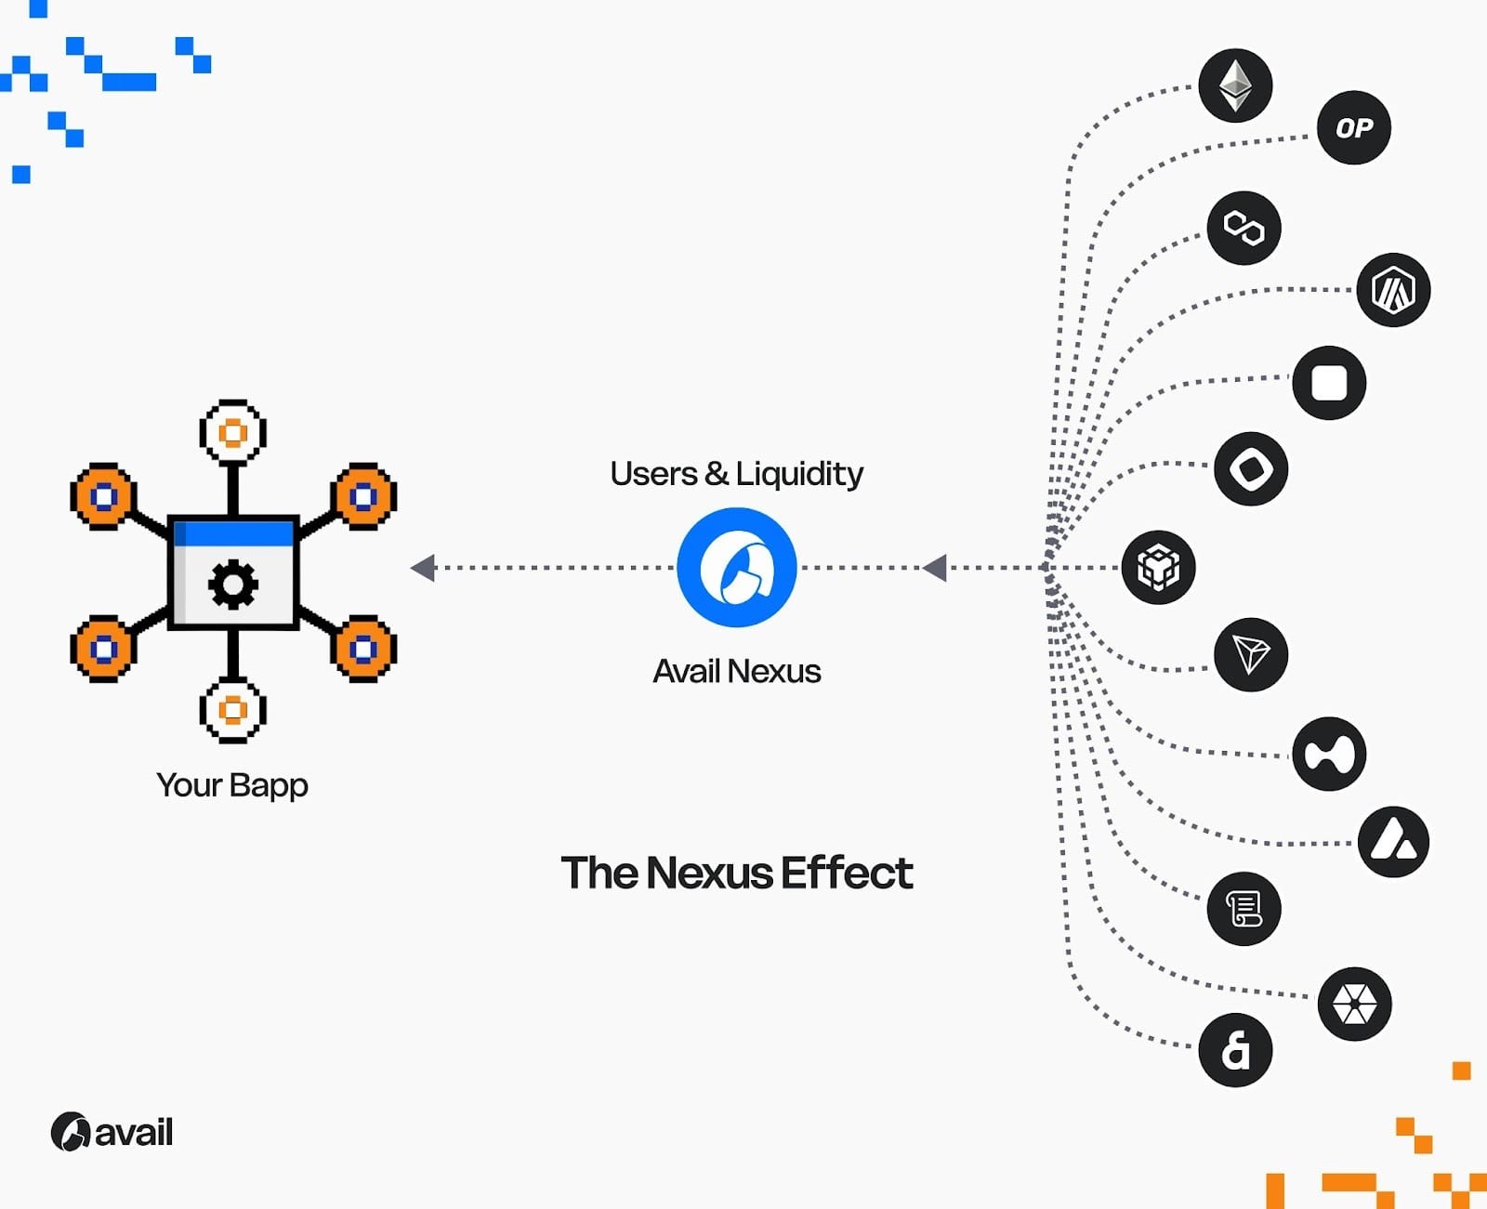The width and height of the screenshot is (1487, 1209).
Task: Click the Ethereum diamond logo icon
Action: pyautogui.click(x=1235, y=85)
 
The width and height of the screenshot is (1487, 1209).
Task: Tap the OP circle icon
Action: pyautogui.click(x=1354, y=128)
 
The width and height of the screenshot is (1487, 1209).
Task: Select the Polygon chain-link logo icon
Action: pyautogui.click(x=1244, y=228)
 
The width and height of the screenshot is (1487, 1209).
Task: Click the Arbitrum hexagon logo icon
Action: pyautogui.click(x=1393, y=290)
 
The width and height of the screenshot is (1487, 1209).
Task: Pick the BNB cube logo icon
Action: pyautogui.click(x=1158, y=567)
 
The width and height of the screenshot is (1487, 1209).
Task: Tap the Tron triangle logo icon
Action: pyautogui.click(x=1251, y=654)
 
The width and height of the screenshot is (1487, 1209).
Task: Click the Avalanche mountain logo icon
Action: pyautogui.click(x=1393, y=842)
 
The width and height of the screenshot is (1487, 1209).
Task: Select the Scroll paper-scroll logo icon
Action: pyautogui.click(x=1244, y=909)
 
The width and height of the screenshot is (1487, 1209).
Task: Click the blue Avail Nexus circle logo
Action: pyautogui.click(x=737, y=567)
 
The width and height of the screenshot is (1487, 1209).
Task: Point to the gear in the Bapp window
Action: pyautogui.click(x=232, y=585)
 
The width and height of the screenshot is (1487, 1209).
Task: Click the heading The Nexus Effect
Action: pyautogui.click(x=737, y=874)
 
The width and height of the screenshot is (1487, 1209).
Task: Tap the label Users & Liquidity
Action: pyautogui.click(x=737, y=474)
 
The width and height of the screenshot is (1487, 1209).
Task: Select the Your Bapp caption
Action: pyautogui.click(x=232, y=786)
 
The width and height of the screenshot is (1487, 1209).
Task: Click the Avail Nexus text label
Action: pyautogui.click(x=737, y=671)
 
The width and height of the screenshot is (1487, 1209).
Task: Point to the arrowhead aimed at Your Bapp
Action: pyautogui.click(x=424, y=567)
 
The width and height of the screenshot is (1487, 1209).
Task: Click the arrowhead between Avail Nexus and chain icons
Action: pyautogui.click(x=935, y=567)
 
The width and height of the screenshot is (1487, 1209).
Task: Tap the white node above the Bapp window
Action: pyautogui.click(x=232, y=432)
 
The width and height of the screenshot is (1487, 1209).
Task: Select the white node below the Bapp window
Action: pyautogui.click(x=232, y=711)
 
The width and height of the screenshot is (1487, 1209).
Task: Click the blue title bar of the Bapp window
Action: pyautogui.click(x=233, y=532)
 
